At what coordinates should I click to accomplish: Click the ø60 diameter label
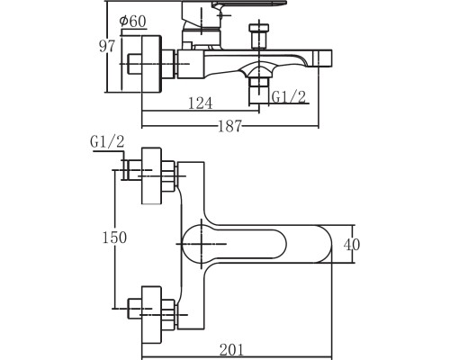click(x=132, y=22)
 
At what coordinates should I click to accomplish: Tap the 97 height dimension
click(x=107, y=47)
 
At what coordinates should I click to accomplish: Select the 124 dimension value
click(x=200, y=103)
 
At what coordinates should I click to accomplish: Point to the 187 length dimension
click(x=229, y=126)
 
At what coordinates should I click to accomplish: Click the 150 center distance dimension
click(x=114, y=238)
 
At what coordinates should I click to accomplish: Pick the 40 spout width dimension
click(x=352, y=245)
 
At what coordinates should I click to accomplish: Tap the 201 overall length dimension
click(x=232, y=350)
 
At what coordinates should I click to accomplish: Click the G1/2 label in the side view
click(x=288, y=97)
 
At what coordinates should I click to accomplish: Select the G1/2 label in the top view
click(x=107, y=141)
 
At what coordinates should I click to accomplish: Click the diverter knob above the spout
click(x=259, y=34)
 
